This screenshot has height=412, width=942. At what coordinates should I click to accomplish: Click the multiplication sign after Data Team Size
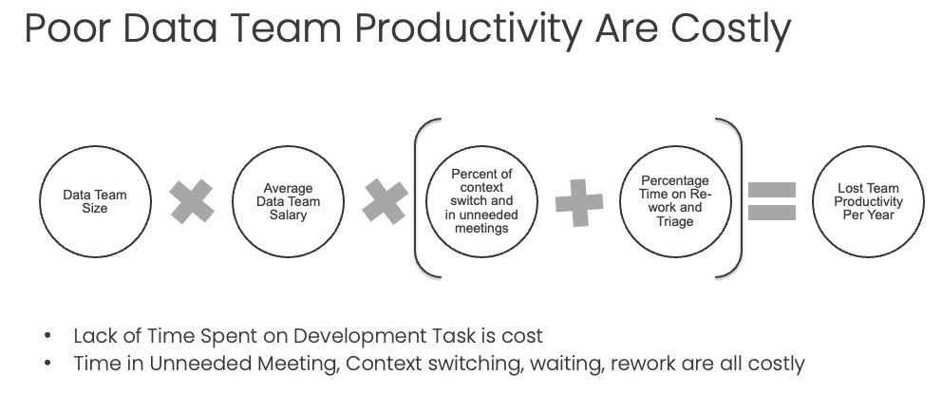coord(192,202)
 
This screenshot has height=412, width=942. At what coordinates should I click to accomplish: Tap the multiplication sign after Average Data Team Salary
coord(386,202)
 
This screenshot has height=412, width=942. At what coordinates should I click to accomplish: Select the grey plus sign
coord(579,202)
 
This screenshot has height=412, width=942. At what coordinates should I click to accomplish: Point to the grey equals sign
coord(772,201)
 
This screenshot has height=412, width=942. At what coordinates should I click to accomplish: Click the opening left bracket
coord(415,198)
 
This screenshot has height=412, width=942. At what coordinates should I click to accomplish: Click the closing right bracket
coord(742,198)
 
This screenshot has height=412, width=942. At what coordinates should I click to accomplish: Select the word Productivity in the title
coord(468,31)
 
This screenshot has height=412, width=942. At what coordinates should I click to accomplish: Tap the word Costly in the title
coord(730,31)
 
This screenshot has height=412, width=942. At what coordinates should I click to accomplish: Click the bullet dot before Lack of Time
coord(48,335)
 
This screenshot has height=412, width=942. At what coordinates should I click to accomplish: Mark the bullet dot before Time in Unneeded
coord(48,363)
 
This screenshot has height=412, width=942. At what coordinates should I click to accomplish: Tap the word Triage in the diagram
coord(674,221)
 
